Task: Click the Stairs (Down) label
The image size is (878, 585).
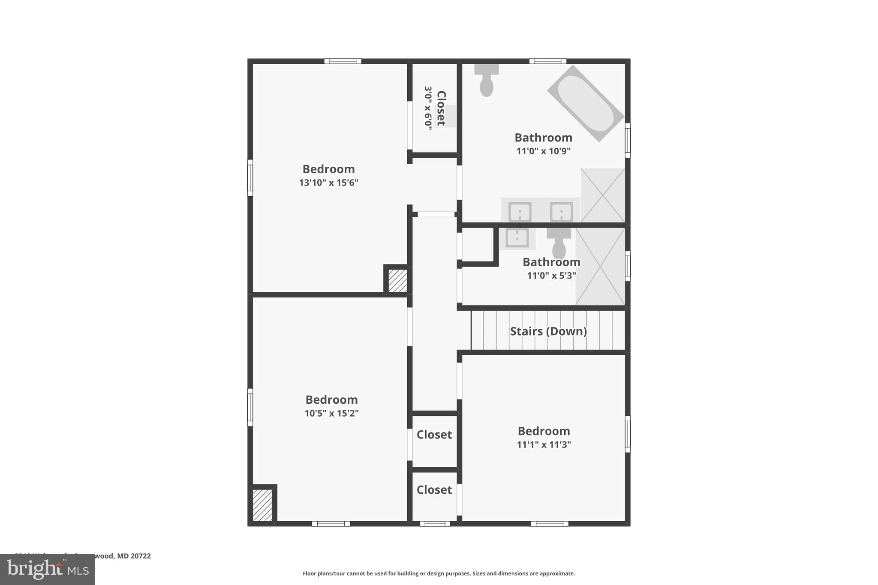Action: [548, 331]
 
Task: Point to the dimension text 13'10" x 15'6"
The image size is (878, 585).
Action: [328, 183]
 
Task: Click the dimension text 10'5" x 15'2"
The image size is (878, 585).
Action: [331, 413]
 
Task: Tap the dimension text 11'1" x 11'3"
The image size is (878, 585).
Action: [544, 444]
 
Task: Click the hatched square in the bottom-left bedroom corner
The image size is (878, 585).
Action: [262, 505]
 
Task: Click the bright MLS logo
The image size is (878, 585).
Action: [48, 570]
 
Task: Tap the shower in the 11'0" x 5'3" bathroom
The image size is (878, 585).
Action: [600, 267]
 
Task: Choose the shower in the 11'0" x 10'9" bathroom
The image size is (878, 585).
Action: [603, 195]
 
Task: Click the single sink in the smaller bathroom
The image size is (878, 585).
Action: [517, 238]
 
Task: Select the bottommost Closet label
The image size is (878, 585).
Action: [434, 490]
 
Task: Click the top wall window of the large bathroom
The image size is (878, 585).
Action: [547, 61]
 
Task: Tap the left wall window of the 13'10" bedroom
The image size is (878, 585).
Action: [250, 178]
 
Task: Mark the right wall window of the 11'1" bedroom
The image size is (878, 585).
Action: [628, 434]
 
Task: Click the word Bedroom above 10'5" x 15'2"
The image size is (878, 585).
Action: [331, 400]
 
